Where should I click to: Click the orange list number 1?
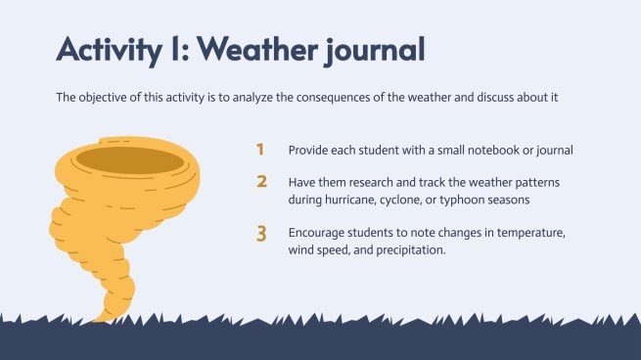[x=260, y=150]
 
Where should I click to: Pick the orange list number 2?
[x=261, y=182]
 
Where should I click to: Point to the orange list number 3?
[x=261, y=234]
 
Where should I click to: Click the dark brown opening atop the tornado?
[x=129, y=158]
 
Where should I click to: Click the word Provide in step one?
[x=309, y=151]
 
